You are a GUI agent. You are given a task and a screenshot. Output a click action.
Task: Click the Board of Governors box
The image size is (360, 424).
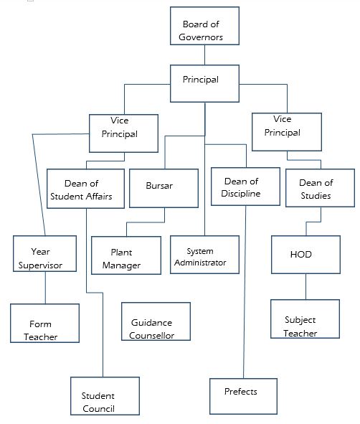click(x=204, y=26)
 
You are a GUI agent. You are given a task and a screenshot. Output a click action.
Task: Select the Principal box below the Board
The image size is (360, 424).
click(x=204, y=83)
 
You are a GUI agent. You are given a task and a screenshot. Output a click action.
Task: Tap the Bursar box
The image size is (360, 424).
click(x=164, y=188)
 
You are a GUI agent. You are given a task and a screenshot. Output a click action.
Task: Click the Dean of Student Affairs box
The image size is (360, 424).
click(x=85, y=189)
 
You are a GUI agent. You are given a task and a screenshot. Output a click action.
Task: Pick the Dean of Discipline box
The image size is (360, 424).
click(x=245, y=187)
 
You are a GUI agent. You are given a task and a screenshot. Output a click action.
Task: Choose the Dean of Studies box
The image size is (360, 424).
click(x=320, y=188)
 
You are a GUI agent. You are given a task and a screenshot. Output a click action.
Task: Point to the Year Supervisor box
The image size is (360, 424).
click(x=45, y=253)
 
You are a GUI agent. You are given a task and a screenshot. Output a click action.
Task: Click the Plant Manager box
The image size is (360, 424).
click(x=126, y=255)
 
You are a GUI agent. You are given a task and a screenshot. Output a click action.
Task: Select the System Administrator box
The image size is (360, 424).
click(x=204, y=255)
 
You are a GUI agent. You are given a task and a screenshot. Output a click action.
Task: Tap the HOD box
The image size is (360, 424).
click(x=305, y=255)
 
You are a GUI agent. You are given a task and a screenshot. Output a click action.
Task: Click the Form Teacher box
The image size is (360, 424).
click(x=45, y=323)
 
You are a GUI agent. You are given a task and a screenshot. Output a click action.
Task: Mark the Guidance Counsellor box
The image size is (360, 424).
click(x=156, y=321)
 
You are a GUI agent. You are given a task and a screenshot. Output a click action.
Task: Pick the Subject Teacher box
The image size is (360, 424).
click(x=305, y=319)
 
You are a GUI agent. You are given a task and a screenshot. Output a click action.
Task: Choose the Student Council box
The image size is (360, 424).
click(x=105, y=396)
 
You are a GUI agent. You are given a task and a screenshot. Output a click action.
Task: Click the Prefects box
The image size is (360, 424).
click(x=243, y=396)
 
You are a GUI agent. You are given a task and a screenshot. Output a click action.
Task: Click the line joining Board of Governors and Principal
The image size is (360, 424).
click(x=204, y=55)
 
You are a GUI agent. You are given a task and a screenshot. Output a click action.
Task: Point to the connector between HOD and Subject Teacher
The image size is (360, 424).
click(x=306, y=287)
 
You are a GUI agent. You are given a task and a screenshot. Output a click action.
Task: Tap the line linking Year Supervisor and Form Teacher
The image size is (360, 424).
click(x=45, y=288)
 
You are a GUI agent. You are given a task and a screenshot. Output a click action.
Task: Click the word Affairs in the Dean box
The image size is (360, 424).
click(x=99, y=197)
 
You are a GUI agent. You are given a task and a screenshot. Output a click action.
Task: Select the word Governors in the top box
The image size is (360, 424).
click(x=201, y=37)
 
